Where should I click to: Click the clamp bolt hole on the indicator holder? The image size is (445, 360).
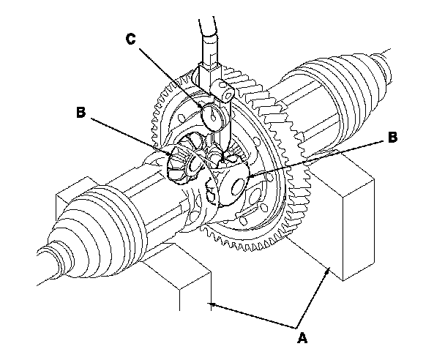(x=228, y=91)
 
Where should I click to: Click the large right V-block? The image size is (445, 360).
(x=351, y=220)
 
